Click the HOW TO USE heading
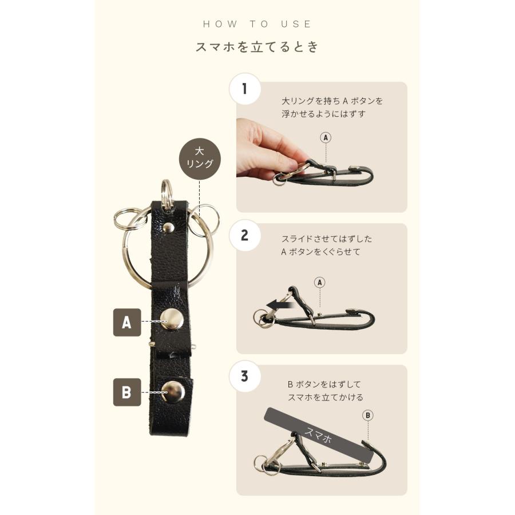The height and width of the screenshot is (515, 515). [257, 24]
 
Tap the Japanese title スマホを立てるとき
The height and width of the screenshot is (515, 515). [257, 47]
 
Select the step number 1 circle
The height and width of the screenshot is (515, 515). [245, 89]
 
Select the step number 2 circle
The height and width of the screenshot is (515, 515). [245, 235]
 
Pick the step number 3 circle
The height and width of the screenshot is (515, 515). [245, 377]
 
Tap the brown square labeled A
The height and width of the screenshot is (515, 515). [127, 322]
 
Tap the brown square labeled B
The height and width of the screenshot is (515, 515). [127, 392]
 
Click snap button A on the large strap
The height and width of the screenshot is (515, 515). [172, 319]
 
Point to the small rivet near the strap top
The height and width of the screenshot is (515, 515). [168, 228]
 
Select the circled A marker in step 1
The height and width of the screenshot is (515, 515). [326, 137]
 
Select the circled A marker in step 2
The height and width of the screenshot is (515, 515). [320, 282]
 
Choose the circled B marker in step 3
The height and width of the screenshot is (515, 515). [368, 415]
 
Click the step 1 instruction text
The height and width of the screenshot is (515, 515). [332, 107]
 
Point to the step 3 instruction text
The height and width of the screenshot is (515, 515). [325, 391]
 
